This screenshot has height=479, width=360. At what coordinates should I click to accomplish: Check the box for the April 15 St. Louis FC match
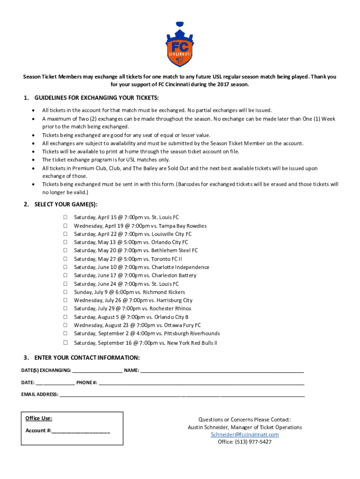tap(66, 218)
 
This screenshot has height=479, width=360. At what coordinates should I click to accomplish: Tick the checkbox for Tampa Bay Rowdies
tap(66, 226)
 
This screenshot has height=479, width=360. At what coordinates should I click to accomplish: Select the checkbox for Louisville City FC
tap(66, 234)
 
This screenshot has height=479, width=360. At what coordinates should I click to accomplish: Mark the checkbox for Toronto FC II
tap(66, 259)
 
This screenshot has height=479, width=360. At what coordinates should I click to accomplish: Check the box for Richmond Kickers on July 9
tap(66, 292)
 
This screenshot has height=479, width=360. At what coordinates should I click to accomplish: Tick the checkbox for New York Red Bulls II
tap(66, 342)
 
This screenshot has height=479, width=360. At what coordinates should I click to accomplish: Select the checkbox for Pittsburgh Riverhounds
tap(66, 334)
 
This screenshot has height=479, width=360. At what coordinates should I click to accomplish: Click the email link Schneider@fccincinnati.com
tap(245, 435)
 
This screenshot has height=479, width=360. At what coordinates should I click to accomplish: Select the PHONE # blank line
tap(201, 383)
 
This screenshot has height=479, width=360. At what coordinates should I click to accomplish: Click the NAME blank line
tap(222, 371)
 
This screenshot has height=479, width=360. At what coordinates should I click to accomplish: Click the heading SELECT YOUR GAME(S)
tap(66, 205)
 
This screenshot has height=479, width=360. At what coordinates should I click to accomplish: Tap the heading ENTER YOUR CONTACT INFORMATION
tap(86, 358)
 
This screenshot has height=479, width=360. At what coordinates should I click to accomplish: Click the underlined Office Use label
tap(39, 418)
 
